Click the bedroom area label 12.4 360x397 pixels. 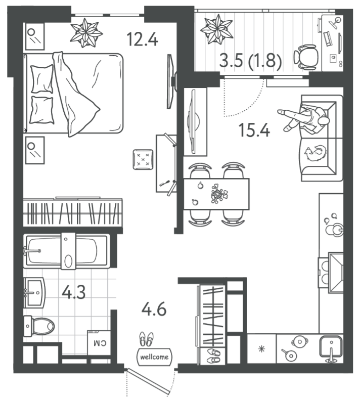point(143,39)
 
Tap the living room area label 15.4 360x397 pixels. point(254,130)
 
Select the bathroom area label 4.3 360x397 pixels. point(74,292)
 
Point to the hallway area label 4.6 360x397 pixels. point(154,309)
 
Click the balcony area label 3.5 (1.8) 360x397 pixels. point(250,61)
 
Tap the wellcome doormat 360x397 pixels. point(154,357)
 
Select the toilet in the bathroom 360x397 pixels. point(39,326)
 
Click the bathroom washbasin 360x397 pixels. point(34,293)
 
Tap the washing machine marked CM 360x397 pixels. point(99,342)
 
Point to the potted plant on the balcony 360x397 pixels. point(217,29)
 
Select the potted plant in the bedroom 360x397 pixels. point(86,33)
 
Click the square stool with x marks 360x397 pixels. point(143,159)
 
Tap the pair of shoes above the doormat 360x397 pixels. point(146,339)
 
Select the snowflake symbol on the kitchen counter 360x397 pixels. point(261,349)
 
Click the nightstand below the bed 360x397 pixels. point(35,150)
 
